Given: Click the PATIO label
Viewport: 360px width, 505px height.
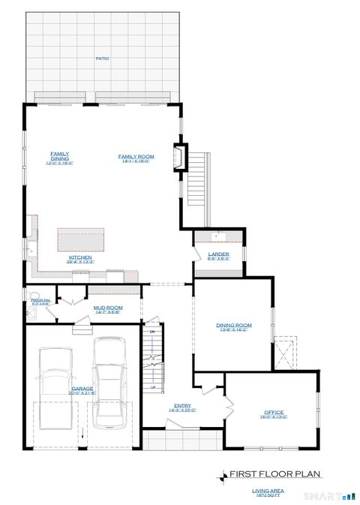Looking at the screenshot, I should click(x=101, y=58).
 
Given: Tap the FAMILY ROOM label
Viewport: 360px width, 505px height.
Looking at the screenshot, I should click(x=134, y=157).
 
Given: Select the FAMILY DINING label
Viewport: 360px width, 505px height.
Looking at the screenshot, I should click(x=60, y=156).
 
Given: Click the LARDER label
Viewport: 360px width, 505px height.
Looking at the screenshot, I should click(x=218, y=255).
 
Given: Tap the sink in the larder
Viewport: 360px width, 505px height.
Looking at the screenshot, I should click(x=218, y=236).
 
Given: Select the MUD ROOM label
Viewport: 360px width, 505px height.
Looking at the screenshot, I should click(x=108, y=308).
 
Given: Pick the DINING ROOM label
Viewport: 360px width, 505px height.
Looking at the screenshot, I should click(x=233, y=326).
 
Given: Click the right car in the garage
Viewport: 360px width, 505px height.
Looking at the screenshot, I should click(x=109, y=373).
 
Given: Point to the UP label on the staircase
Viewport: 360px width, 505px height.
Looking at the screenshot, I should click(x=153, y=387).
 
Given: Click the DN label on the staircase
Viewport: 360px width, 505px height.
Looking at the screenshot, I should click(x=152, y=331).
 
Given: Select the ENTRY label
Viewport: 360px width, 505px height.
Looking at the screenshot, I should click(x=182, y=407).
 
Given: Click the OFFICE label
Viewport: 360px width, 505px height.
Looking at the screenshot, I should click(x=274, y=413).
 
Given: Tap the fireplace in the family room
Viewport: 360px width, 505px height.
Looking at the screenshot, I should click(x=180, y=156).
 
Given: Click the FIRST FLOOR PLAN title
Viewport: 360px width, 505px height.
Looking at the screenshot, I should click(x=274, y=473).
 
